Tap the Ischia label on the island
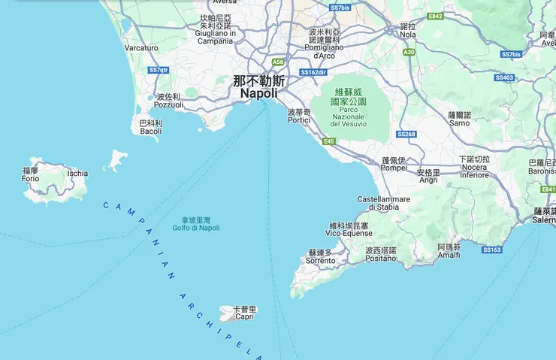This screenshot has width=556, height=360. pos(77,173)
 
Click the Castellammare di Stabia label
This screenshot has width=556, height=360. pos(383,203)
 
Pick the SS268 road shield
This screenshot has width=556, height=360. pos(406,134)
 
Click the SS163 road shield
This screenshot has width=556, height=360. pos(491,250)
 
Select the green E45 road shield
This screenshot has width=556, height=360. pos(329,141)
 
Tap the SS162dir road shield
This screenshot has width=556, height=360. pos(313,72)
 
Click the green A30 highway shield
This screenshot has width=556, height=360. pos(409,52)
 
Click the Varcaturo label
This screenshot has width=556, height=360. pos(141,48)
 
